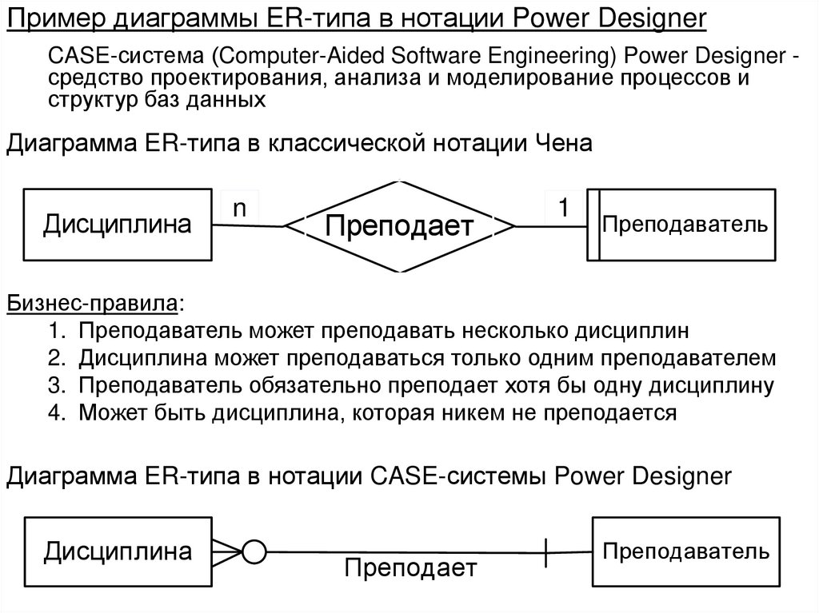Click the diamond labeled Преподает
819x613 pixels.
point(399,227)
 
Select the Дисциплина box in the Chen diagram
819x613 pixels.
point(117,225)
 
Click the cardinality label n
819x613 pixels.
point(239,208)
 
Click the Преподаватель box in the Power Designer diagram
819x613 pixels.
point(686,551)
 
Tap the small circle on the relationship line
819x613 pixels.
point(254,551)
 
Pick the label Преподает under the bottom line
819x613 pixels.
point(410,569)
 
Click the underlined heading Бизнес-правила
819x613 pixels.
point(94,304)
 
